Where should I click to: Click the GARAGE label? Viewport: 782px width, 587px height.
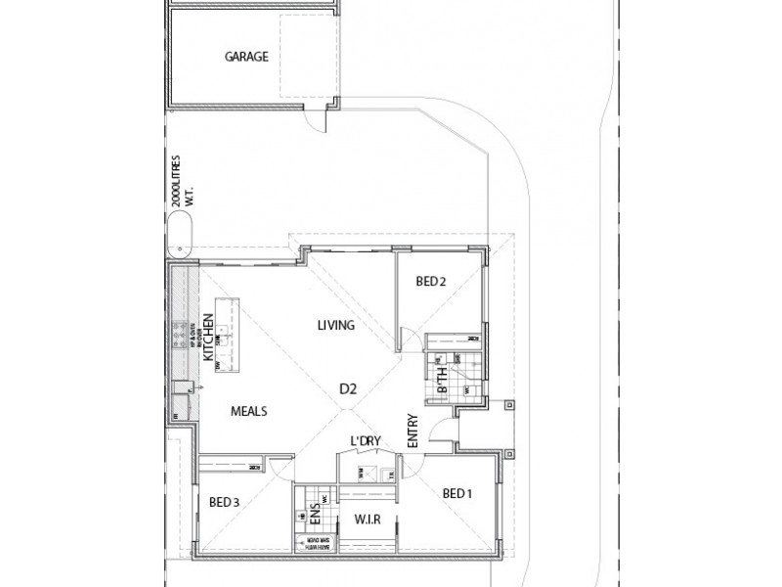click(x=247, y=57)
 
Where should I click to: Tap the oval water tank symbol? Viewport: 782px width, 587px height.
click(x=180, y=239)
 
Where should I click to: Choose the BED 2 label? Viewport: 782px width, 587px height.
click(x=431, y=282)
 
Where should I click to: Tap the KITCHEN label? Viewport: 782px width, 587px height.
click(x=208, y=345)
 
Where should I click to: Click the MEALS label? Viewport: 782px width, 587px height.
click(x=249, y=411)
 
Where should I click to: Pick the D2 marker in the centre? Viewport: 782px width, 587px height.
click(x=348, y=388)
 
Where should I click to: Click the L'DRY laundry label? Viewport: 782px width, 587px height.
click(x=365, y=443)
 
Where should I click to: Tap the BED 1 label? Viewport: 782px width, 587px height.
click(x=456, y=493)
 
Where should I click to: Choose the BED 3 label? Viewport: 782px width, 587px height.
click(x=225, y=503)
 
